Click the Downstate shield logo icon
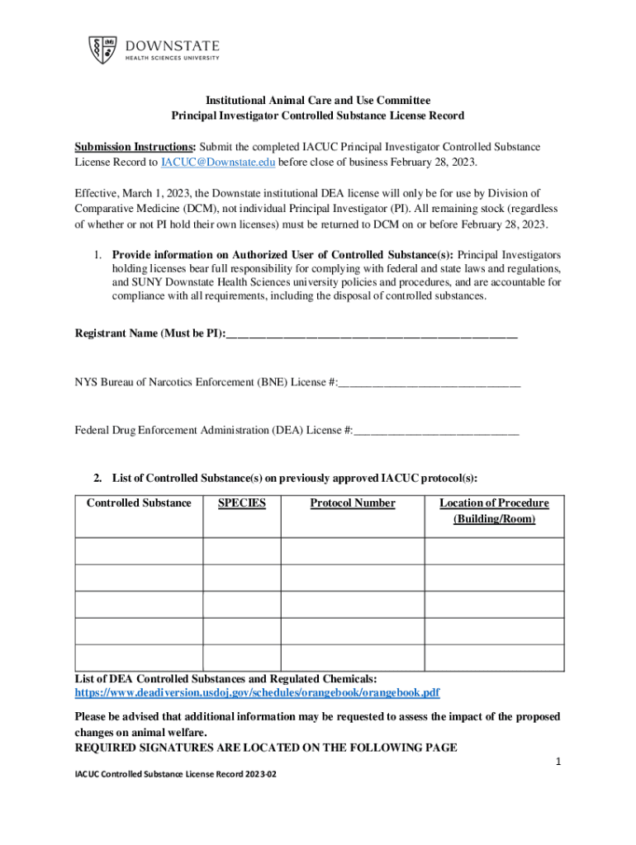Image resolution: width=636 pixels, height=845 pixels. coord(103,49)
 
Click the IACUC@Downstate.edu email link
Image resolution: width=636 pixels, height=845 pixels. coord(218,163)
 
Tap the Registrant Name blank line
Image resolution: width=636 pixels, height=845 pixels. coord(371,334)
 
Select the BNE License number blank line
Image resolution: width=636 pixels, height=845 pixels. coord(430,382)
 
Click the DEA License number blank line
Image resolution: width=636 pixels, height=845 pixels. coord(436,430)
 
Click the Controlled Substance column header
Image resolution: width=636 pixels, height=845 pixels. coord(139,503)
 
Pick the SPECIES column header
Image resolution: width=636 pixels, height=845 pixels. coord(242,503)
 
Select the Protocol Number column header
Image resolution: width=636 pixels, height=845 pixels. coord(353,503)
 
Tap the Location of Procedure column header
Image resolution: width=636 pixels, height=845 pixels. coord(494,511)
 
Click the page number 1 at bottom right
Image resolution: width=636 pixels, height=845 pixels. coord(558,763)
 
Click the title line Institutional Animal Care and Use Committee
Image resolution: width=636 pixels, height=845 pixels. coord(318,101)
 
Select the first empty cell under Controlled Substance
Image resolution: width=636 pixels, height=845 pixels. coord(139,551)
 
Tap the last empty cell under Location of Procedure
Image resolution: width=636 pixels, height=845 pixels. coord(494,658)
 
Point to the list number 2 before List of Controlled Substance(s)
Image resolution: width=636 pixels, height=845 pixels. coord(97,478)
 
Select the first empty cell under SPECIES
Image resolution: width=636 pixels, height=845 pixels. coord(242,551)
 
